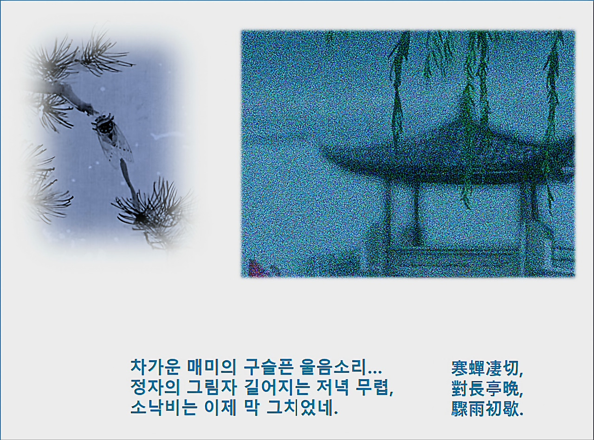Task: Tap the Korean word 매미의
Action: click(211, 367)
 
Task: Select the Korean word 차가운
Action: click(155, 367)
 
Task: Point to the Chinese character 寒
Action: click(459, 369)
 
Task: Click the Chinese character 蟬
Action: click(477, 369)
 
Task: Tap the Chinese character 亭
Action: click(494, 389)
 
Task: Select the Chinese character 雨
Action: click(477, 408)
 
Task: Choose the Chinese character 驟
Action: click(459, 408)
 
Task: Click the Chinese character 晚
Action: click(511, 389)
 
